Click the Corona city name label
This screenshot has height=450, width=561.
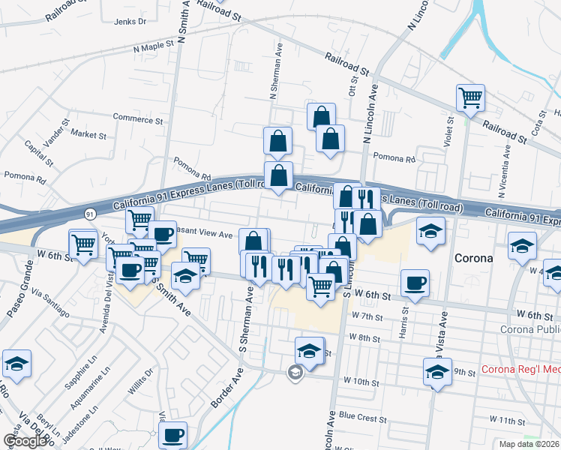tap(473, 258)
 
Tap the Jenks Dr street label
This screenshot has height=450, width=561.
tap(130, 22)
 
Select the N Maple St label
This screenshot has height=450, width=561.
tap(153, 46)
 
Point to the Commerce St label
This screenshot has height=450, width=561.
tap(137, 118)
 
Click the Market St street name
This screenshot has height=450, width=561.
tap(88, 135)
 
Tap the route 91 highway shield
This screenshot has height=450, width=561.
tap(89, 214)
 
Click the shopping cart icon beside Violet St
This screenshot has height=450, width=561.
tap(470, 97)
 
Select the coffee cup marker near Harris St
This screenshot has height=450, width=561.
tap(414, 283)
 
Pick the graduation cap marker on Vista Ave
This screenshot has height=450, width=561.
tap(437, 370)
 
